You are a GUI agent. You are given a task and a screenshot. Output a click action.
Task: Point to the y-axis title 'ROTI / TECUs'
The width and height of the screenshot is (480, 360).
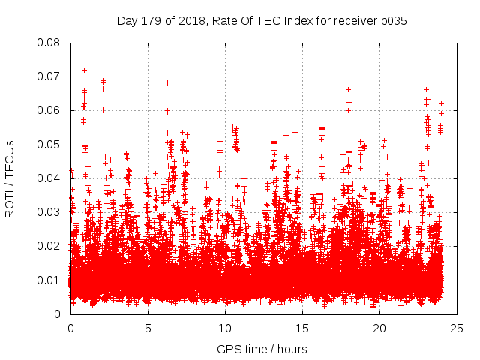pos(10,178)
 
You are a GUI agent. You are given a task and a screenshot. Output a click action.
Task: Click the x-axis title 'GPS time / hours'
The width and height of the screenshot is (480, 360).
pos(262,349)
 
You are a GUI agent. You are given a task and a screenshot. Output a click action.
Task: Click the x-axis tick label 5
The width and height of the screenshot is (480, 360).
pos(148,328)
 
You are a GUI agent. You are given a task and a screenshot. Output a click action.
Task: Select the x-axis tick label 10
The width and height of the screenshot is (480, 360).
pos(225,328)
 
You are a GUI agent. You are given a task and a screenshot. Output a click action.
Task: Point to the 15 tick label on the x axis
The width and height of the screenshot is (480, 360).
pos(302,328)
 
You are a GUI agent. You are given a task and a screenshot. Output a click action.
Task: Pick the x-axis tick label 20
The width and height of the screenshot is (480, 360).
pos(379,328)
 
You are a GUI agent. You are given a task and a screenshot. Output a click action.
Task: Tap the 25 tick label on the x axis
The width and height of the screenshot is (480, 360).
pos(457,328)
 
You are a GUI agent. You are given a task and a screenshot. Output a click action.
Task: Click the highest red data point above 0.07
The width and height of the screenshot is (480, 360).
pos(84,70)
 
